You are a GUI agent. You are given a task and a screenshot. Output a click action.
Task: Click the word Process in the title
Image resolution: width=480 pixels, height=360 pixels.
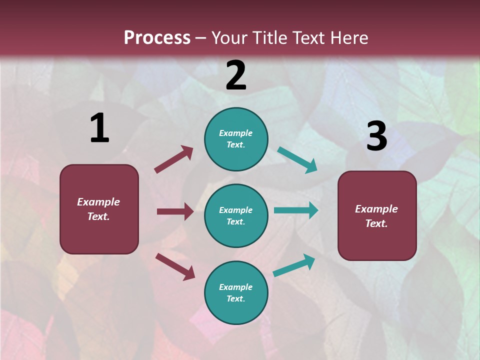click(157, 38)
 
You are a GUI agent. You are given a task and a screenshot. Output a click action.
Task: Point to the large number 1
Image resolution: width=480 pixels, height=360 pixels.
click(99, 128)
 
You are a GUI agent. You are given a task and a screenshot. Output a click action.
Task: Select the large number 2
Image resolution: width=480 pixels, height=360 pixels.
click(236, 75)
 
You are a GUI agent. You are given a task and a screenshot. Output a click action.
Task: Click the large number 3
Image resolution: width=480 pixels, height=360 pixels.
click(376, 136)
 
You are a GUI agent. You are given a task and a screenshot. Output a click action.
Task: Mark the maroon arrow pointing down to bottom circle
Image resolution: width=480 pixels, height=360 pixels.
click(175, 266)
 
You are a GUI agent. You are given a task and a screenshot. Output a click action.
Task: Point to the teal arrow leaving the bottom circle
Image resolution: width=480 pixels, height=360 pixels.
click(294, 265)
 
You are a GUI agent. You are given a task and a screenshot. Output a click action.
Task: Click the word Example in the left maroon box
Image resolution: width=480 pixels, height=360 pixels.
click(98, 202)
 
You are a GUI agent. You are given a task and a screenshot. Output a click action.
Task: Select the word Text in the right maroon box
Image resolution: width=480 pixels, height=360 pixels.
click(376, 223)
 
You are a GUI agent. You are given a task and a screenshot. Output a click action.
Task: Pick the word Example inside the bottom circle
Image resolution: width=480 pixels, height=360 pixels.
click(236, 287)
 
